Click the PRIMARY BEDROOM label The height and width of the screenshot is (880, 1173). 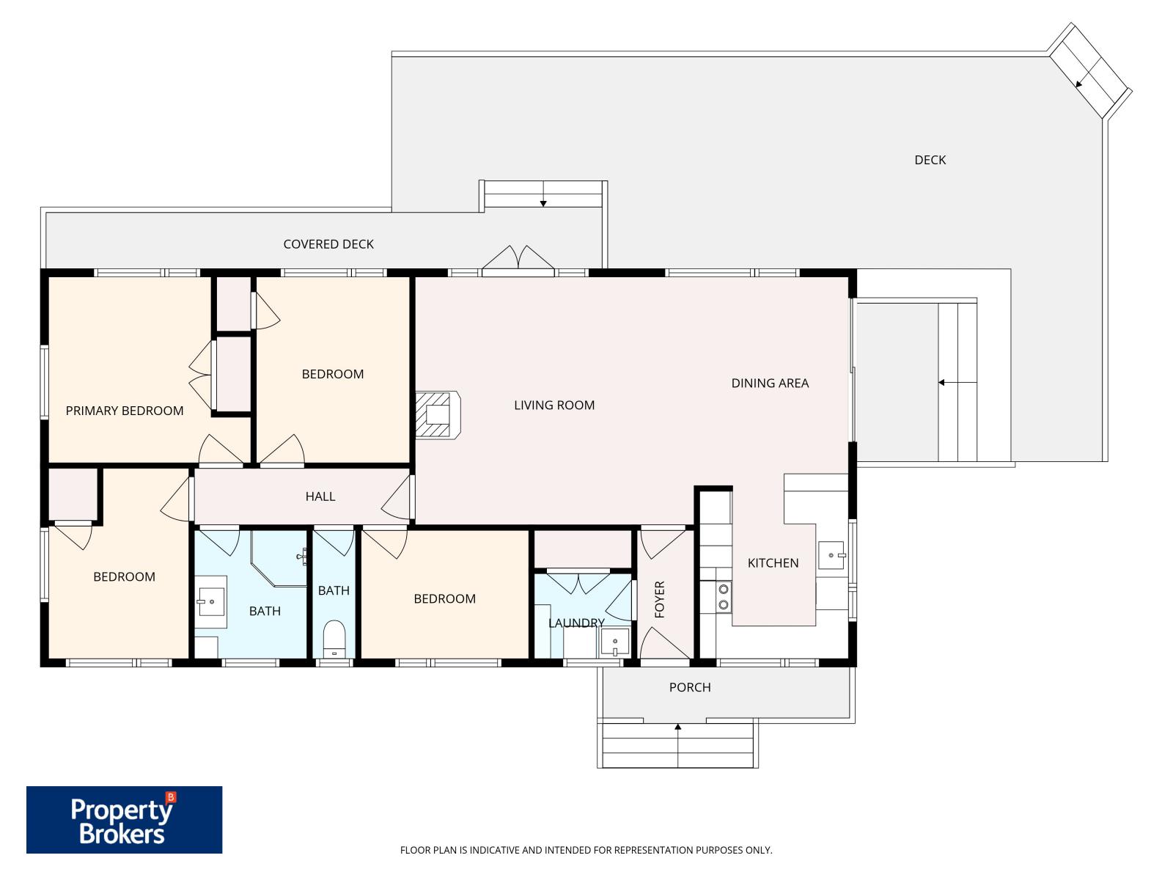(x=125, y=411)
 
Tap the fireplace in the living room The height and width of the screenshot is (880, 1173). (x=438, y=416)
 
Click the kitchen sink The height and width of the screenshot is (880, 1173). (x=831, y=555)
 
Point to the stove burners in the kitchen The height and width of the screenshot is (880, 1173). (x=724, y=596)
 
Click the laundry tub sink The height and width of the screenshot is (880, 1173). (x=614, y=642)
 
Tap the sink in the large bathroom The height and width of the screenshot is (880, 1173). (x=211, y=602)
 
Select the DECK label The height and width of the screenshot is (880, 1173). (x=930, y=160)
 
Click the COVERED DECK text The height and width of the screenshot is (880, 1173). (x=328, y=244)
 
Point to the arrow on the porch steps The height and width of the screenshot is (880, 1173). (x=678, y=727)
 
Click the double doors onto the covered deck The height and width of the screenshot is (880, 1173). (x=518, y=260)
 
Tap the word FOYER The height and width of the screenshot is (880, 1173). (x=659, y=599)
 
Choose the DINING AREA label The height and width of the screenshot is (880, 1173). (x=770, y=383)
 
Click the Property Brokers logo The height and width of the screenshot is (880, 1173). (x=124, y=820)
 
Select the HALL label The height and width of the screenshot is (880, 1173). (x=320, y=496)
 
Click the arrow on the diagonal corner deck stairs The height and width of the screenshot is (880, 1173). (x=1078, y=84)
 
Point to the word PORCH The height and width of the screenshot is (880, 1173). (x=690, y=687)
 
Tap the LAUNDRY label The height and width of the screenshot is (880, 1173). (x=576, y=623)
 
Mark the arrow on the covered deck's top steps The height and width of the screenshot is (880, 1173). (x=543, y=203)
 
